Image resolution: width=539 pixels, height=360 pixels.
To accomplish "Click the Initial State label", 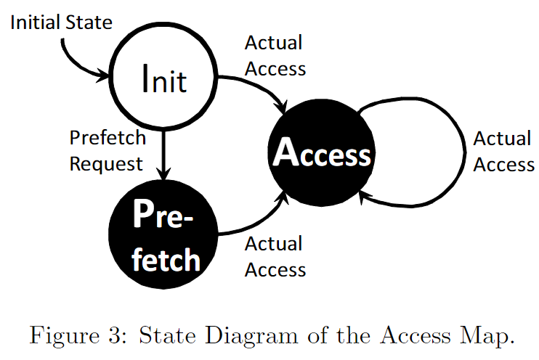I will point(61,22).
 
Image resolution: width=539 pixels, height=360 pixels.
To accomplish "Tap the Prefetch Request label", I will point(107,151).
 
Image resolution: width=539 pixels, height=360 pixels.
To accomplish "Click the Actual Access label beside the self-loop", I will point(503,151).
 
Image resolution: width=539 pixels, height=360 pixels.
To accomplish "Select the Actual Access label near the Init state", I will point(275,55).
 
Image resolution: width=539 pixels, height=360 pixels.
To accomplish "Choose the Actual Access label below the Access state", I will point(275,257).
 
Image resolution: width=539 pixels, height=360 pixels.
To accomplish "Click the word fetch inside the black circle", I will point(166,258).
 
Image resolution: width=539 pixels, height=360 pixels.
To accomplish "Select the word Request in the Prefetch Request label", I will point(107,164).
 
